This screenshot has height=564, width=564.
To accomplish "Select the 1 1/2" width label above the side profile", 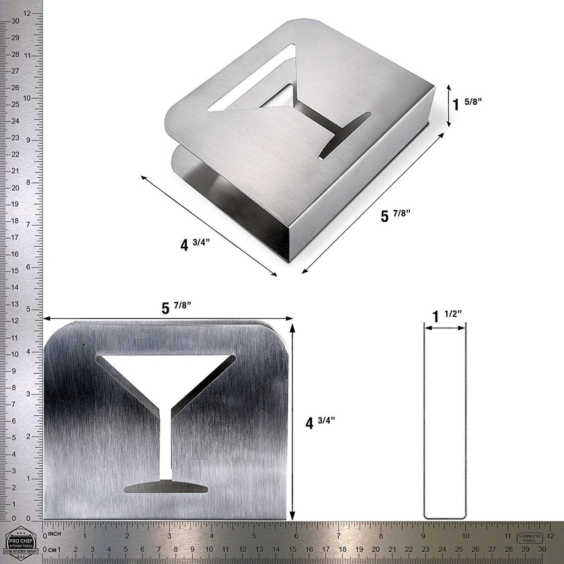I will click(446, 316).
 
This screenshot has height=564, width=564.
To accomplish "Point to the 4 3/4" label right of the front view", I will click(319, 422).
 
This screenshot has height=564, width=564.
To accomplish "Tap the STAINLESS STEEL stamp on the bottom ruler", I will click(530, 538).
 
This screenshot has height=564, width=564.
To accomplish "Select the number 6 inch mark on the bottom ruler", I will click(296, 535).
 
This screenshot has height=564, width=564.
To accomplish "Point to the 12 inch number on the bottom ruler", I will click(550, 535).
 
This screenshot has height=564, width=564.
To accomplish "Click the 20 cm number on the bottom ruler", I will click(376, 550).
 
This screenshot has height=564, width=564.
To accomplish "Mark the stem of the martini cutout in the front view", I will click(166, 441).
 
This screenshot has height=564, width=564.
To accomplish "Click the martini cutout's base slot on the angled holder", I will click(345, 135).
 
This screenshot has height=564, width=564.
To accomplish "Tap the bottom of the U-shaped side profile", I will click(444, 517).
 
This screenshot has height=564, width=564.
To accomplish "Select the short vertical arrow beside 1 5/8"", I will click(449, 105).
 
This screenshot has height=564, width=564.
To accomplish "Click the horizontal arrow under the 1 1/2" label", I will click(444, 328).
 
